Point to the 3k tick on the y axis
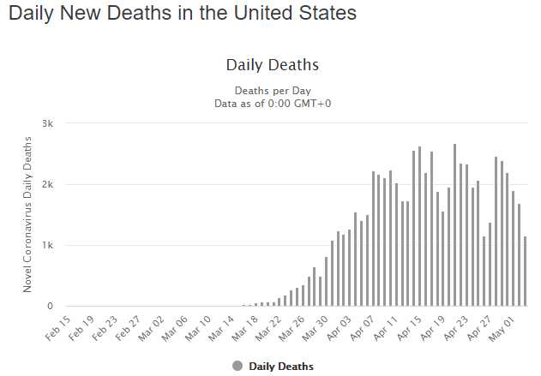[48, 123]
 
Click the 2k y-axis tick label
[48, 184]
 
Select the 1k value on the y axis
[48, 245]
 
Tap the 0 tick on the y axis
[51, 306]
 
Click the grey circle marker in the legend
[237, 366]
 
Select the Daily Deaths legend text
[281, 367]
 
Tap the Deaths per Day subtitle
[272, 91]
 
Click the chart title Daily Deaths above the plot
[272, 65]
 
